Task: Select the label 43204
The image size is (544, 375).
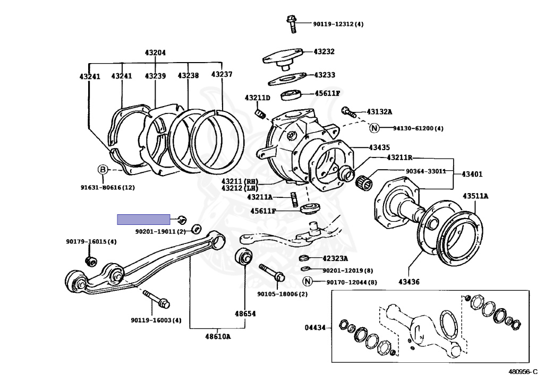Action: [155, 53]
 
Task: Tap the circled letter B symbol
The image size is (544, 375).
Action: [103, 170]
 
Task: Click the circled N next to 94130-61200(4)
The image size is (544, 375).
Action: [374, 128]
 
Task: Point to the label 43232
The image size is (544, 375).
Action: [324, 51]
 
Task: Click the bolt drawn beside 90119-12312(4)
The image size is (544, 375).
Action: [291, 21]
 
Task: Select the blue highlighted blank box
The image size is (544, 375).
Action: [143, 220]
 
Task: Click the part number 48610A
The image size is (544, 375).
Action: [218, 336]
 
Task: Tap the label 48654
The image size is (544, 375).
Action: [246, 313]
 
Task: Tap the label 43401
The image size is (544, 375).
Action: [472, 173]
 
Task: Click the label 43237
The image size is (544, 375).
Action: [222, 74]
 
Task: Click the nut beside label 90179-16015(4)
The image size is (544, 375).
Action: [90, 260]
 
